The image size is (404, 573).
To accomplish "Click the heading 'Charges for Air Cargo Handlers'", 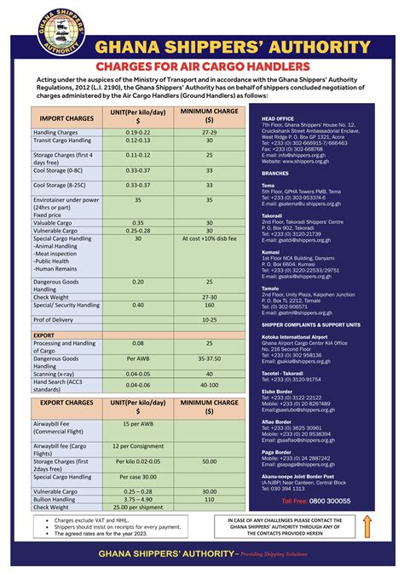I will (201, 66).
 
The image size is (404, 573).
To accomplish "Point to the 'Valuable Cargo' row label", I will (53, 222).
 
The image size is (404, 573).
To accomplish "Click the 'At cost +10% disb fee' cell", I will (209, 239).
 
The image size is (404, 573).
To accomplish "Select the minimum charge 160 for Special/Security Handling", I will (209, 305).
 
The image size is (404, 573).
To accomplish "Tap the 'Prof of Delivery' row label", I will (53, 319).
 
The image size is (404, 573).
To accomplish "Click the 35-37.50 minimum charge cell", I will (209, 359).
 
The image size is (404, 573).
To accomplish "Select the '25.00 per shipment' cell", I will (138, 507).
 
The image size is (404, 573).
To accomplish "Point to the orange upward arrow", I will (368, 525).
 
